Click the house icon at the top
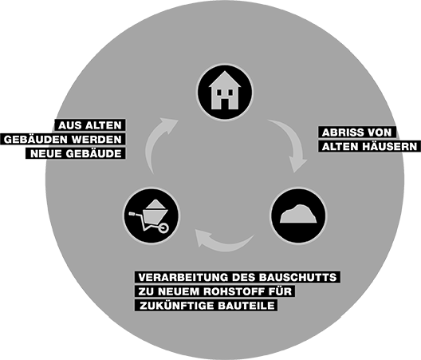(225, 91)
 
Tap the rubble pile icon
(298, 214)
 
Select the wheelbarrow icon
(149, 216)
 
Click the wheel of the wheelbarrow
(163, 228)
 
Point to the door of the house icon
(225, 104)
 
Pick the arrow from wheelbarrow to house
(155, 143)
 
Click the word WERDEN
(97, 140)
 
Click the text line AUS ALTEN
(90, 125)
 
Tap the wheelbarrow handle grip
(132, 214)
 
